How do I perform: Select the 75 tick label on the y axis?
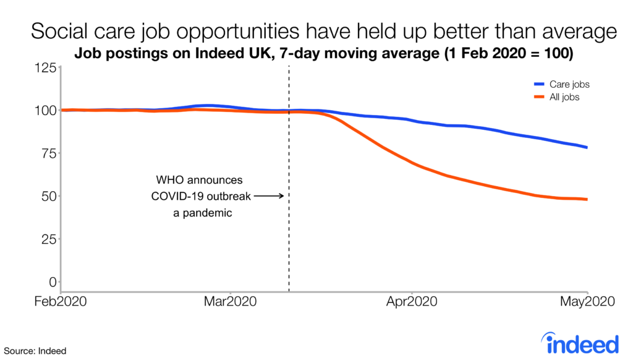49,153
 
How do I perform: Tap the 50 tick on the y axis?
49,196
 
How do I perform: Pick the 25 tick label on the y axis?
49,239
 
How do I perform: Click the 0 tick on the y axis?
53,282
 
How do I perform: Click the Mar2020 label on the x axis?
230,302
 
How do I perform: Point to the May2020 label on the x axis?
587,302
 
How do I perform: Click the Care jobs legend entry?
566,84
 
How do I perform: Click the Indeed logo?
579,342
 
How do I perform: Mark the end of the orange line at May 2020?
587,199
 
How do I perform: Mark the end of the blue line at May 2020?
587,147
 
